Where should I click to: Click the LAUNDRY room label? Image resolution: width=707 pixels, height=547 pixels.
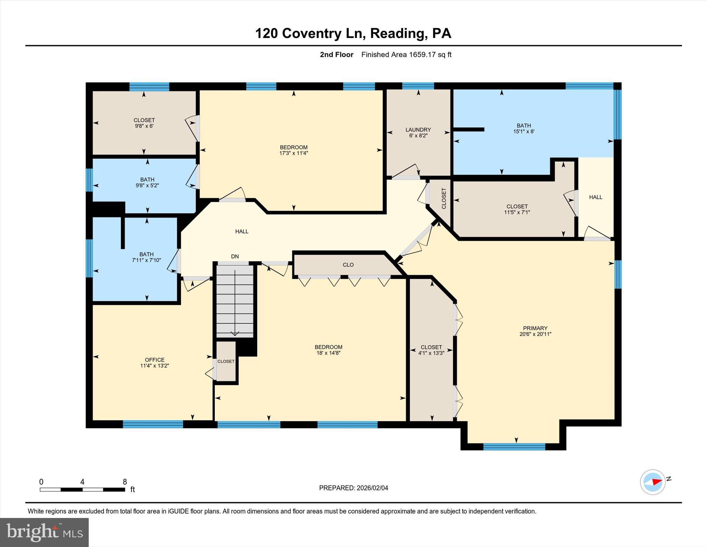418,130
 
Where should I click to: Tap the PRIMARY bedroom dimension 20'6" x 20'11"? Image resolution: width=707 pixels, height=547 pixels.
535,334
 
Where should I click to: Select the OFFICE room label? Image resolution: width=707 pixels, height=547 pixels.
154,360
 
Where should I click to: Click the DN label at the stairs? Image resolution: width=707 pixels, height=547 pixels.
235,256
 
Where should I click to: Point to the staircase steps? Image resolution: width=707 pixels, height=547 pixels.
235,301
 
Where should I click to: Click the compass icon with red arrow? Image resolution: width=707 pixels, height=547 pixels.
652,482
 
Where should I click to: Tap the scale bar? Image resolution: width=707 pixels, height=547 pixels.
82,489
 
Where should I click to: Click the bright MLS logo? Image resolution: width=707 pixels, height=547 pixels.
44,532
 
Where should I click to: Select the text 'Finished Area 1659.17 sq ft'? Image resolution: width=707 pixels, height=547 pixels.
406,55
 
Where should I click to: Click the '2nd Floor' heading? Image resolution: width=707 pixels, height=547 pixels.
336,55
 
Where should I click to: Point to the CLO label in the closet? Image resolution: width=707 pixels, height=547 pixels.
348,265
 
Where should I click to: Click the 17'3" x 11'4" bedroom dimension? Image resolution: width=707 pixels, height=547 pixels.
293,153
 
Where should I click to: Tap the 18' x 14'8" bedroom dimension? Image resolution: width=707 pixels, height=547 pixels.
328,353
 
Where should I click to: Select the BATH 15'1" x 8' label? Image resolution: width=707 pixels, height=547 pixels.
524,128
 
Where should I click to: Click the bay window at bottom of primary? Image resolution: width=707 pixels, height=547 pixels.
514,447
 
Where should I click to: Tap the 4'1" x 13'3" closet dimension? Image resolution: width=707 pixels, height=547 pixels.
431,353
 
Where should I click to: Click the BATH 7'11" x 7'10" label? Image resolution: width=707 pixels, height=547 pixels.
146,257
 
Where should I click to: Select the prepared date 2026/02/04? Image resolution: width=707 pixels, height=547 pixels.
353,488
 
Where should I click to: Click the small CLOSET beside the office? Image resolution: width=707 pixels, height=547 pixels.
226,361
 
